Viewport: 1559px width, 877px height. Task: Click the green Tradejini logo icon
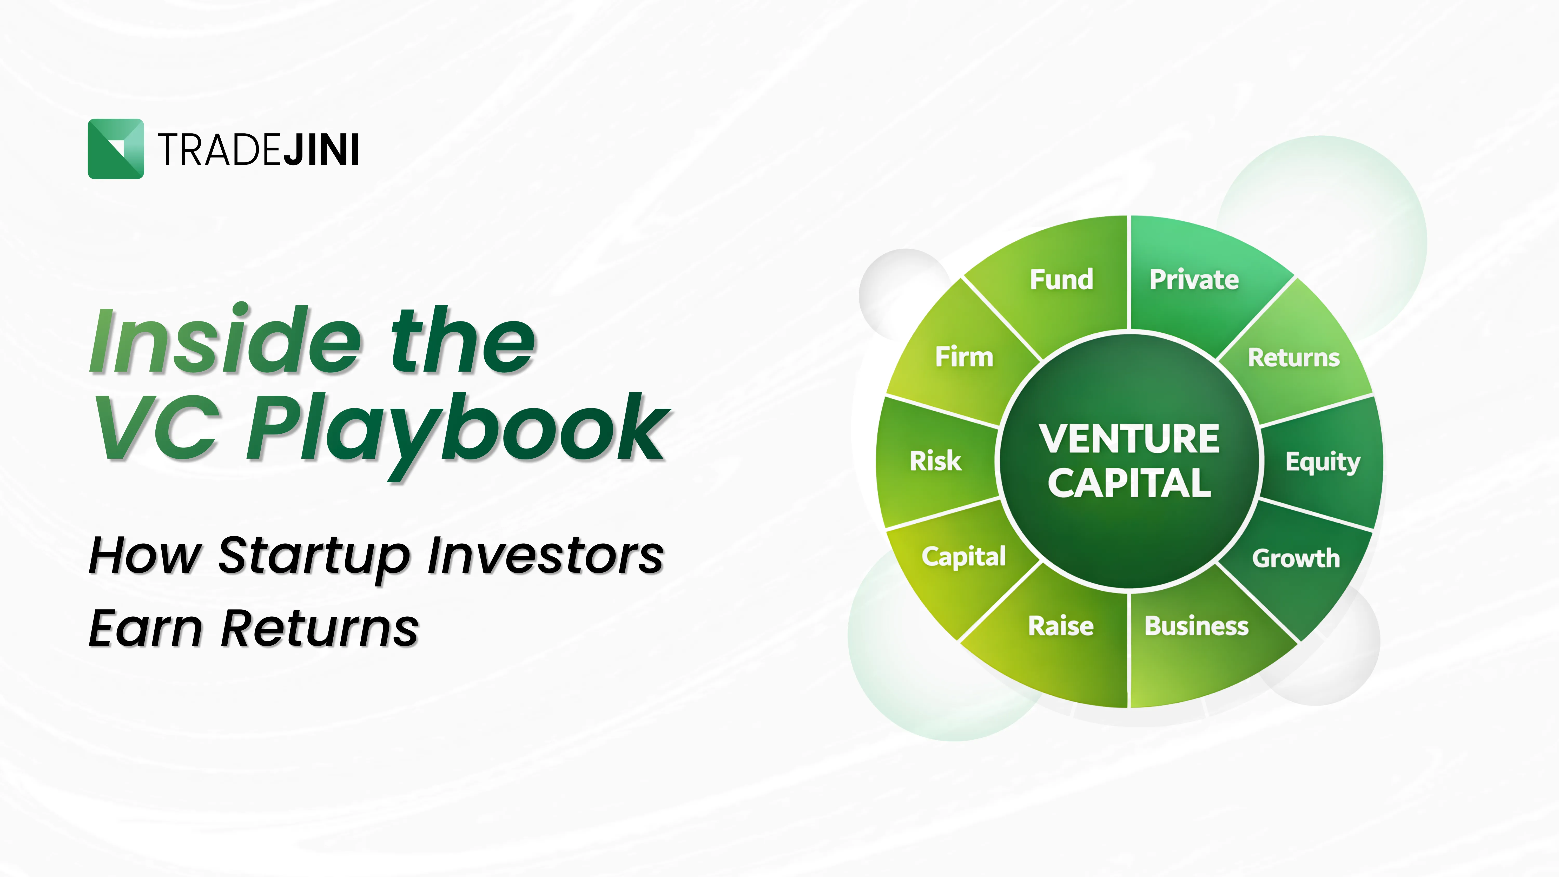point(116,149)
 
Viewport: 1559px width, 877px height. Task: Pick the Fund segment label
point(1061,280)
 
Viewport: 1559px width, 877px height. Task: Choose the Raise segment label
point(1061,626)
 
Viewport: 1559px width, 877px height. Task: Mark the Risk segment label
point(935,461)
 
